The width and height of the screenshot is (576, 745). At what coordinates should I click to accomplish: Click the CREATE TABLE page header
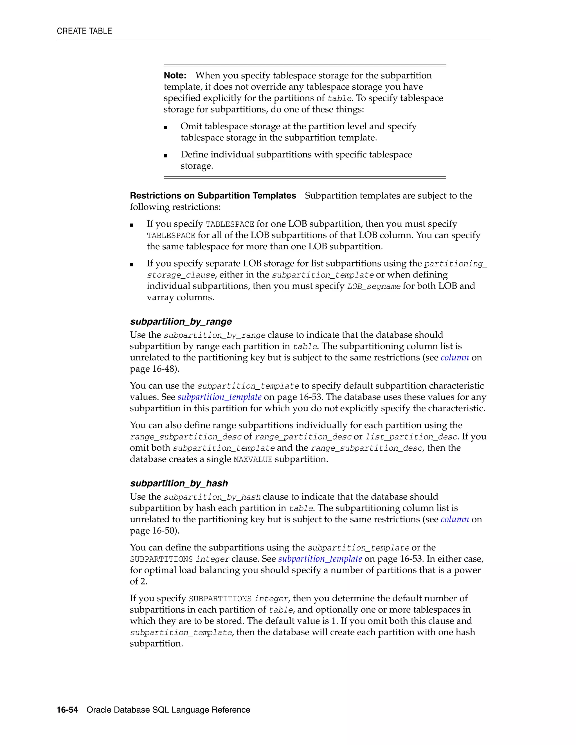[84, 31]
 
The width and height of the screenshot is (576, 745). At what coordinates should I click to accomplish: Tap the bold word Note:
[175, 75]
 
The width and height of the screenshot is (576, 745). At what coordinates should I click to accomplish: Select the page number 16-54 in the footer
[67, 710]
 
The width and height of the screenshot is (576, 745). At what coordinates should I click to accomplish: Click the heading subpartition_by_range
[181, 322]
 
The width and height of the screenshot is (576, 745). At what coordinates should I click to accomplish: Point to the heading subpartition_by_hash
[179, 483]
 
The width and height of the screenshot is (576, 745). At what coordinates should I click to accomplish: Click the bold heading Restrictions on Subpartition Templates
[213, 196]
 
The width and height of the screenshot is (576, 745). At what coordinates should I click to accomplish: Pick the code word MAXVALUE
[253, 459]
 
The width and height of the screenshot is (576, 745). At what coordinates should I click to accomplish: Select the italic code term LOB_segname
[374, 286]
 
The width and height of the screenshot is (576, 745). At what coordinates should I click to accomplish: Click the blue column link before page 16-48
[454, 358]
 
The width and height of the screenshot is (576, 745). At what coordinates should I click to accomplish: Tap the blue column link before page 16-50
[454, 519]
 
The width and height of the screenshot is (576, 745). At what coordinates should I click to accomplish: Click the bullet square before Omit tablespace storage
[165, 128]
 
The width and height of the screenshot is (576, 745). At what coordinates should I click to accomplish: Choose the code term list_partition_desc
[411, 437]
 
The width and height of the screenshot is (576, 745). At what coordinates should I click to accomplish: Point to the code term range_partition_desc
[303, 437]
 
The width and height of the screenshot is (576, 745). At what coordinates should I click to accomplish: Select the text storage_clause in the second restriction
[181, 275]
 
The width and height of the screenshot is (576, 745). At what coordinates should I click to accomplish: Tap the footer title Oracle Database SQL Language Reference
[168, 710]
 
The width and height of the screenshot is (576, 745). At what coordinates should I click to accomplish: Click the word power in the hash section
[467, 570]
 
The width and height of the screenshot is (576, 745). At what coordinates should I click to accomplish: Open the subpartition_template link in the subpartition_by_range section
[219, 397]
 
